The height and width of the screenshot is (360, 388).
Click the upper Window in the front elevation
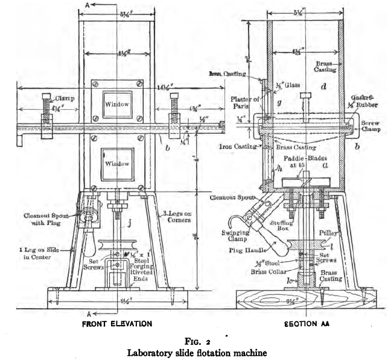(115, 104)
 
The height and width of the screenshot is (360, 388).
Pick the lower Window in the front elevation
(115, 164)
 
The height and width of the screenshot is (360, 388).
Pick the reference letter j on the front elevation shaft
(129, 226)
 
